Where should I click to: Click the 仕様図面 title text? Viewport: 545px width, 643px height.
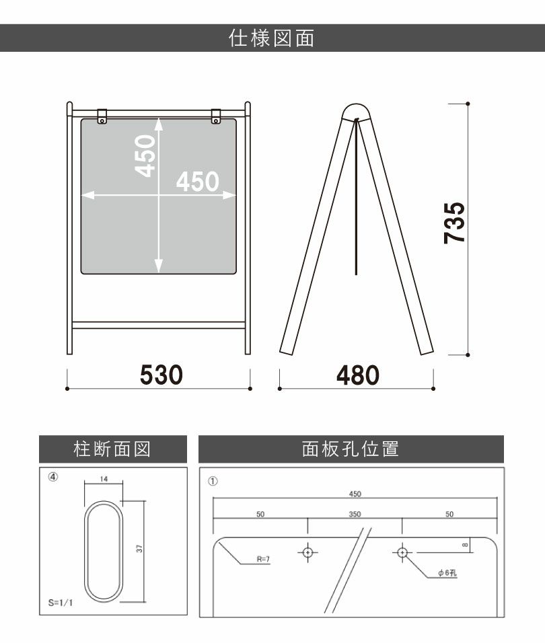coord(271,38)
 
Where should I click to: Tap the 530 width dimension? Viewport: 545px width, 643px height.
coord(161,375)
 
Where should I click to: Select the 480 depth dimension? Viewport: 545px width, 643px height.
coord(357,375)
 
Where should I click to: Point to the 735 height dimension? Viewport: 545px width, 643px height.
coord(454,223)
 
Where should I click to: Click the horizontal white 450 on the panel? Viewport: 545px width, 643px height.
coord(198,181)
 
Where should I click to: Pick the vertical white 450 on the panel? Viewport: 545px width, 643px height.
coord(145,156)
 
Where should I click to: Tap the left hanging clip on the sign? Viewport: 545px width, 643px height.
coord(102,116)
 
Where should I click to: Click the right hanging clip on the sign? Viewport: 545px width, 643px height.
coord(216,116)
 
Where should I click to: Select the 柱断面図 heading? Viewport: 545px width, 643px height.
coord(112,449)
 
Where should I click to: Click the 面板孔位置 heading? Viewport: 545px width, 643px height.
coord(351,449)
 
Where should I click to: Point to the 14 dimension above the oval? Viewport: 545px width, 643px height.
coord(104,479)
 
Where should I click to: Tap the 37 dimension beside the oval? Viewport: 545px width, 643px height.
coord(140,548)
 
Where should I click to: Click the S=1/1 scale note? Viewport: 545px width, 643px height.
coord(61,603)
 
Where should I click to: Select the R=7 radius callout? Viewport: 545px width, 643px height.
coord(263,559)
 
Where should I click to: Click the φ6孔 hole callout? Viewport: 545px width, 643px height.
coord(447,573)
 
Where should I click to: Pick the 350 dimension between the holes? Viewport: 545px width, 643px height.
coord(355,515)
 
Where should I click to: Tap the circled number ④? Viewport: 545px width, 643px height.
coord(53,477)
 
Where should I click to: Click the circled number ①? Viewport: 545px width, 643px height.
coord(213,481)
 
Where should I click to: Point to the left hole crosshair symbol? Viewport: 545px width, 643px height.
coord(307,553)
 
